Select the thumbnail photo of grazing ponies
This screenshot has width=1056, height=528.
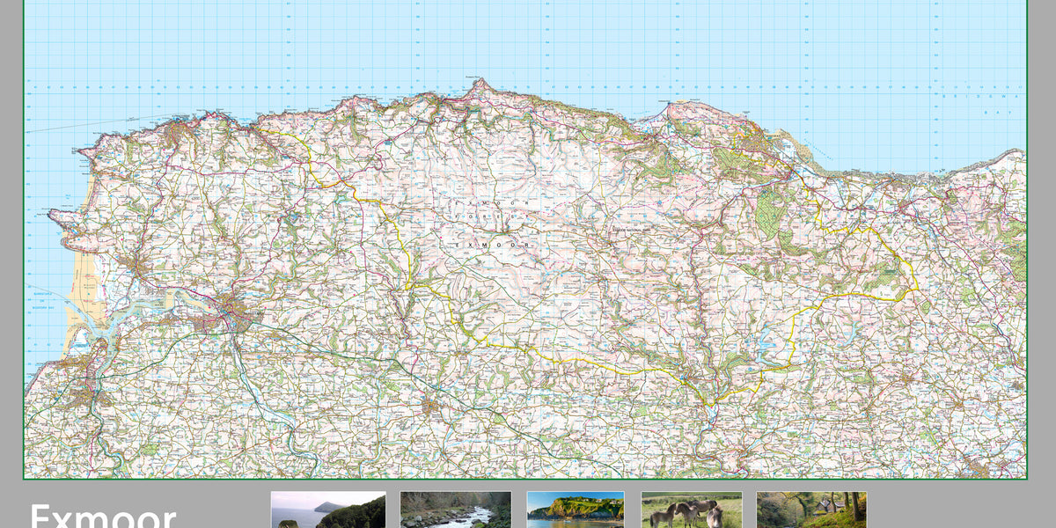click(x=692, y=510)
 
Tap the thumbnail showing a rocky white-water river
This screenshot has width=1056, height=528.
click(x=455, y=510)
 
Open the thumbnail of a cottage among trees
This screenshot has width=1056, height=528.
click(x=810, y=510)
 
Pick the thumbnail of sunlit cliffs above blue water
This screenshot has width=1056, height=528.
click(x=576, y=510)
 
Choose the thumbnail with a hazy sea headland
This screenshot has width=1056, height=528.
click(x=327, y=510)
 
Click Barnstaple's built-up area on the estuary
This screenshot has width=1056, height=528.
click(x=231, y=311)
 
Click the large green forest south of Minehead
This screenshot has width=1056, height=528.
click(x=770, y=211)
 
